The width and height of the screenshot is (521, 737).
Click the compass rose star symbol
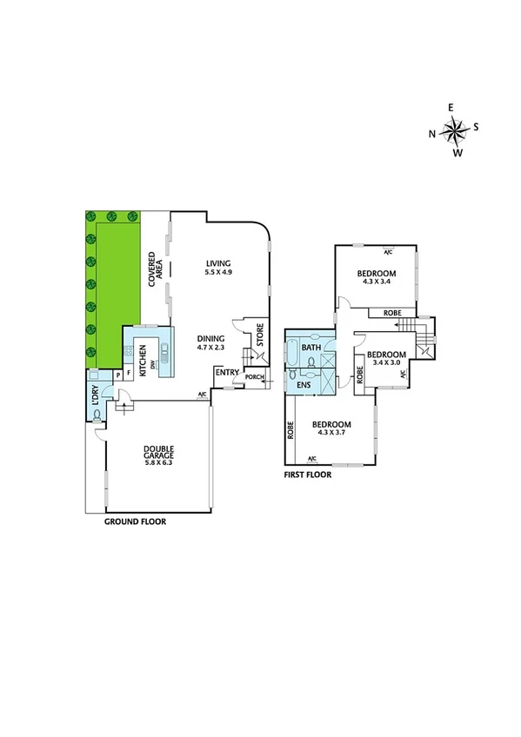click(x=453, y=132)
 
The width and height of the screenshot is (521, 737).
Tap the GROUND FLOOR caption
click(x=135, y=522)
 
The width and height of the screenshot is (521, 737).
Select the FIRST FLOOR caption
click(x=308, y=475)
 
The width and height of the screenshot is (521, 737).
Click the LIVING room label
click(x=219, y=264)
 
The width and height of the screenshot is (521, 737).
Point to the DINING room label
click(x=210, y=339)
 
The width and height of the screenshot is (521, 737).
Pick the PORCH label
click(x=254, y=376)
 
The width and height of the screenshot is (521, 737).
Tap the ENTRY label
click(x=227, y=373)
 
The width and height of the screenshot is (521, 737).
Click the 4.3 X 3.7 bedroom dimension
click(x=331, y=433)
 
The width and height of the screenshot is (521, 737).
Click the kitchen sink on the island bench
click(x=163, y=357)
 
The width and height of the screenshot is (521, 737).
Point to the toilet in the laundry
click(x=96, y=415)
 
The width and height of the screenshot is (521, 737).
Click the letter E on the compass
click(x=451, y=107)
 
